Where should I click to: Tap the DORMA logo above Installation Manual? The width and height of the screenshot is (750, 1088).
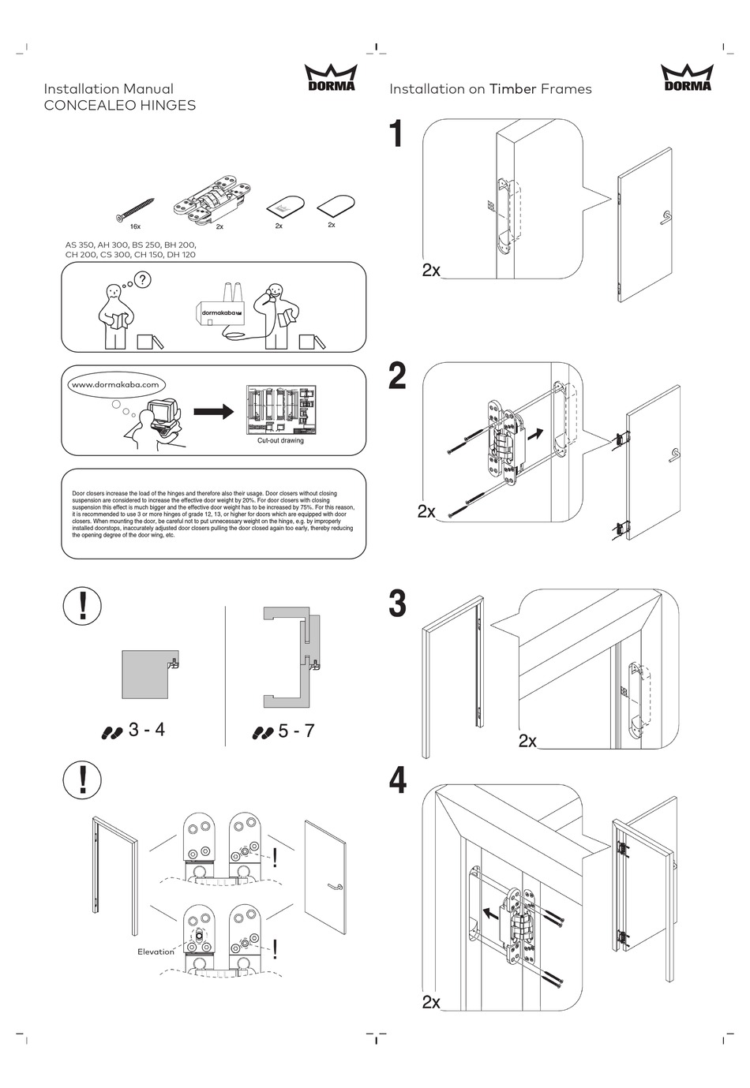330,78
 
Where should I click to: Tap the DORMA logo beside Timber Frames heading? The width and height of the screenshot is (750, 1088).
686,78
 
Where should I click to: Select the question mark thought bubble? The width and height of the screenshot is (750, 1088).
143,279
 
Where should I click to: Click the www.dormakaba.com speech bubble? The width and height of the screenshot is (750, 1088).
115,385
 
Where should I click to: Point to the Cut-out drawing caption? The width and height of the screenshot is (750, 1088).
280,441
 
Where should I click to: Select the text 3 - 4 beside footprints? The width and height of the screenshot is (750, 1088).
146,730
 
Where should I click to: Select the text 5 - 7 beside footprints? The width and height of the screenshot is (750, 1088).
296,731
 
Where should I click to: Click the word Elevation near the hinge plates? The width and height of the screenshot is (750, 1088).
156,952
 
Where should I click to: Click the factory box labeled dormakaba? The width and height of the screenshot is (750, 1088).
221,312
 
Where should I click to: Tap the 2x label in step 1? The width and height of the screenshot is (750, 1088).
431,270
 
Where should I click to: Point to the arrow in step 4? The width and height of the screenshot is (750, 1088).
491,914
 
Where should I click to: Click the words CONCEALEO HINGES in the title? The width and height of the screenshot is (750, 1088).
119,105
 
